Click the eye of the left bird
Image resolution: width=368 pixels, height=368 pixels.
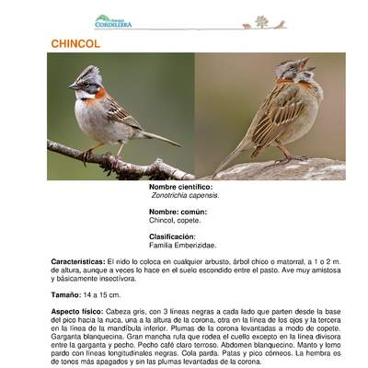pyautogui.click(x=84, y=81)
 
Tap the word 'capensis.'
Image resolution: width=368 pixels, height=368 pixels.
pyautogui.click(x=207, y=195)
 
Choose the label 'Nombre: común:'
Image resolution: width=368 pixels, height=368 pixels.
pyautogui.click(x=178, y=212)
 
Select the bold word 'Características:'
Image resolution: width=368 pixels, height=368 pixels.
pyautogui.click(x=78, y=261)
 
